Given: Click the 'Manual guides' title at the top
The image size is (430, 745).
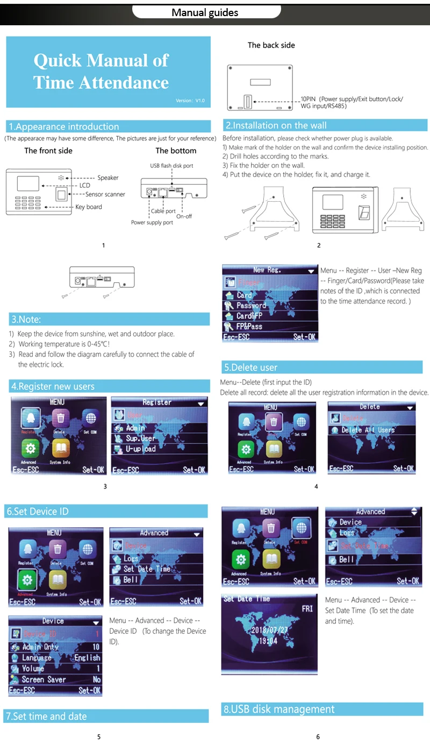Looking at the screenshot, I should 205,12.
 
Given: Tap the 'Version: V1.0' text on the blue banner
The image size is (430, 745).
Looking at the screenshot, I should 190,101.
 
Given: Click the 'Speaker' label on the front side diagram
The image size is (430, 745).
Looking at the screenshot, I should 107,178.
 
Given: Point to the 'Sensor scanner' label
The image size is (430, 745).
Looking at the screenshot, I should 105,194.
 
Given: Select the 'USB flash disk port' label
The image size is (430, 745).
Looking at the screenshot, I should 171,166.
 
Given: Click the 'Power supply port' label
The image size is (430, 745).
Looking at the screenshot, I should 152,222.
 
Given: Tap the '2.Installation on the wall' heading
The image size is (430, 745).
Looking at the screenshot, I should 276,125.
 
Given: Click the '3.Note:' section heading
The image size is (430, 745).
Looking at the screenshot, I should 26,319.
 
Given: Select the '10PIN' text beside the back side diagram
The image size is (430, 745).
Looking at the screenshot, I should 308,100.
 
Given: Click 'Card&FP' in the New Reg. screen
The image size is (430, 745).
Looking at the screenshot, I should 249,316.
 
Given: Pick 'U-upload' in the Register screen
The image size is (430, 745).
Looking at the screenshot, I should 140,449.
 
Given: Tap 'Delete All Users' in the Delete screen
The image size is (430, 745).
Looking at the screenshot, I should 368,430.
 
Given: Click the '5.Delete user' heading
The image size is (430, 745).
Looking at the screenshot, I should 250,367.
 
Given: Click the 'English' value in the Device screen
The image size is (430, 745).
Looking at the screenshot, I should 87,657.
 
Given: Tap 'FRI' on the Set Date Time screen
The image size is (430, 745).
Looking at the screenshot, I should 307,609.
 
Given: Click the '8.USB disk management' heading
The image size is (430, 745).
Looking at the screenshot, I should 279,709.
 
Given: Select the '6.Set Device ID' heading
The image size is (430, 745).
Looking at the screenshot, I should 38,511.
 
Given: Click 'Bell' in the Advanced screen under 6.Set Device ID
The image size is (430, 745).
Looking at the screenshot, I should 131,580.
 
